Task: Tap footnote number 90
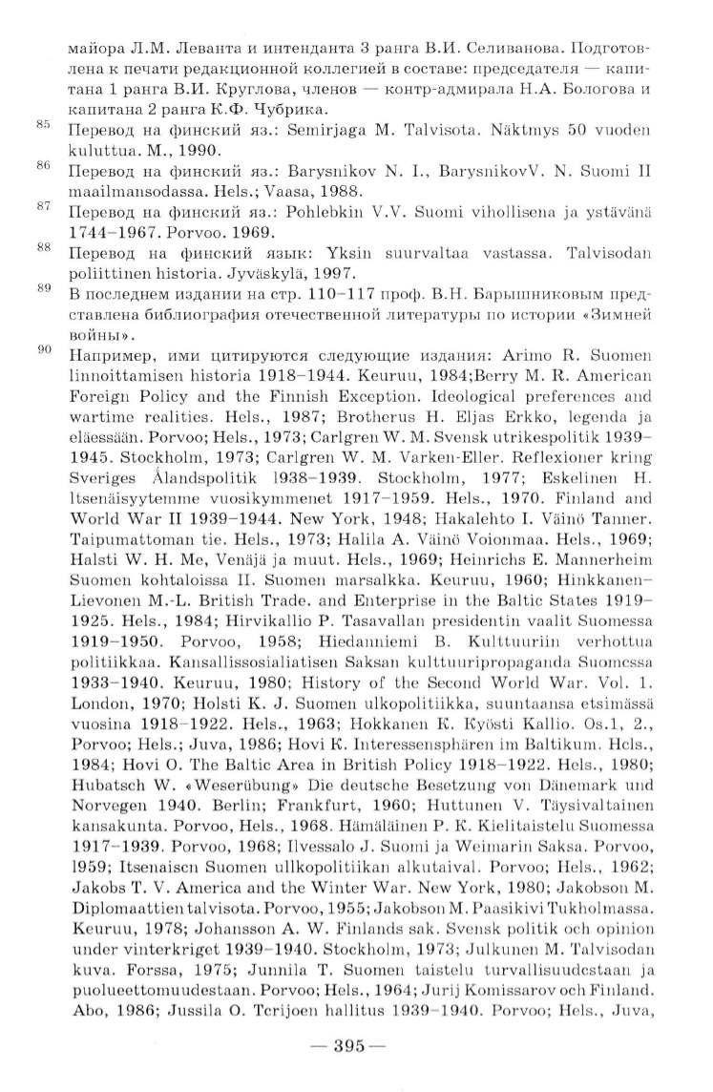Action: (42, 350)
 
